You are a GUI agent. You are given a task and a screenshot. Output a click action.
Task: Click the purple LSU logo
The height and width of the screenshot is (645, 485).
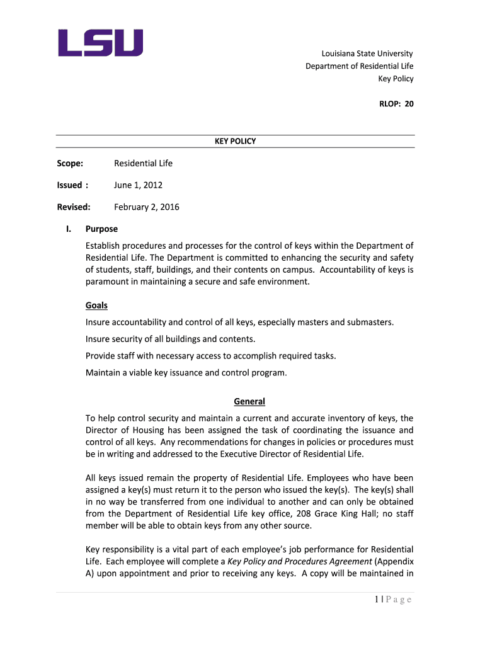tap(101, 43)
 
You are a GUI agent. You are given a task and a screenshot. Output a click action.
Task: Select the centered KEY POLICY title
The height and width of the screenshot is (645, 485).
tap(235, 141)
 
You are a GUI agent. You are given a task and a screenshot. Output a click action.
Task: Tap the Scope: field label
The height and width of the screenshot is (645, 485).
tap(70, 164)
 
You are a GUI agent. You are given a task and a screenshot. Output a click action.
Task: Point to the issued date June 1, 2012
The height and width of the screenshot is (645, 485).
tap(138, 185)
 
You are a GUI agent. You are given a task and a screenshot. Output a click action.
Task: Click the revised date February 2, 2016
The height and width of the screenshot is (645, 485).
tap(146, 207)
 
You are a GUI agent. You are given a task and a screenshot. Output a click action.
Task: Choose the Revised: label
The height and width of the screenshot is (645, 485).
tap(74, 207)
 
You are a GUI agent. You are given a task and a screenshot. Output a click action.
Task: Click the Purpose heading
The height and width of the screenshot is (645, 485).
tap(101, 229)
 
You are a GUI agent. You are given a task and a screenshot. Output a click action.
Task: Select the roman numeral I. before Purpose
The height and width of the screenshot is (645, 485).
tap(69, 229)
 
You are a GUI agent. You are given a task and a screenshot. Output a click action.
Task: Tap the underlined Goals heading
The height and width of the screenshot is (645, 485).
tap(96, 305)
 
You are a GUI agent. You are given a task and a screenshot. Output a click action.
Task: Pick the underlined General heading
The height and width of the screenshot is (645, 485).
tap(249, 401)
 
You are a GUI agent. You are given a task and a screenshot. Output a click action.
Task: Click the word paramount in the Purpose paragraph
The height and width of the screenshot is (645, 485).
tap(108, 282)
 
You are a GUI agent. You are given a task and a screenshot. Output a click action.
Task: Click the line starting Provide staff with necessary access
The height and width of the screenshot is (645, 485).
tap(210, 356)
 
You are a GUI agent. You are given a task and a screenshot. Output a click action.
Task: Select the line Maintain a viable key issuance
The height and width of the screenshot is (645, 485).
tap(186, 372)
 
